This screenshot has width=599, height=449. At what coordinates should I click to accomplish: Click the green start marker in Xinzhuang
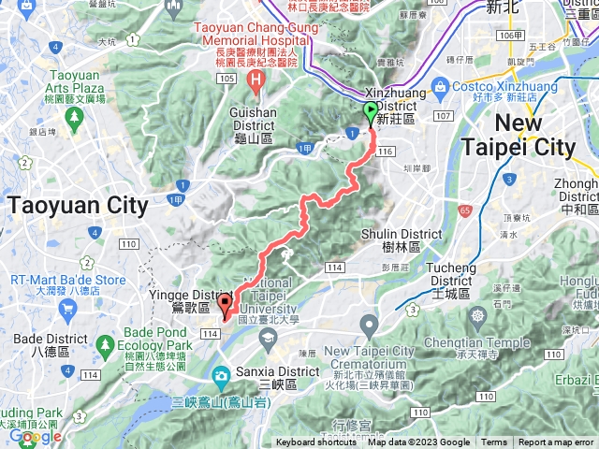[371, 112]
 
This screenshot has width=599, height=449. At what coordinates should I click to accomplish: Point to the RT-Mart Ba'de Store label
[67, 279]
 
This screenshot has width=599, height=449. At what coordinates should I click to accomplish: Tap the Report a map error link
[556, 442]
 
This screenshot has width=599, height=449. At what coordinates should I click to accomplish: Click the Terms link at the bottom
[494, 442]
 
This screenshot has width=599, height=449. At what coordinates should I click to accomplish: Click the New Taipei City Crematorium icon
[369, 326]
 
